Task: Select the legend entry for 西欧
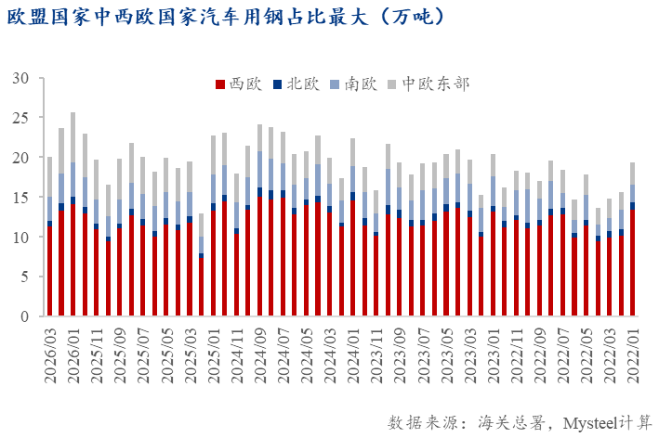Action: click(241, 84)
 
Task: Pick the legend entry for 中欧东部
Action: click(433, 84)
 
